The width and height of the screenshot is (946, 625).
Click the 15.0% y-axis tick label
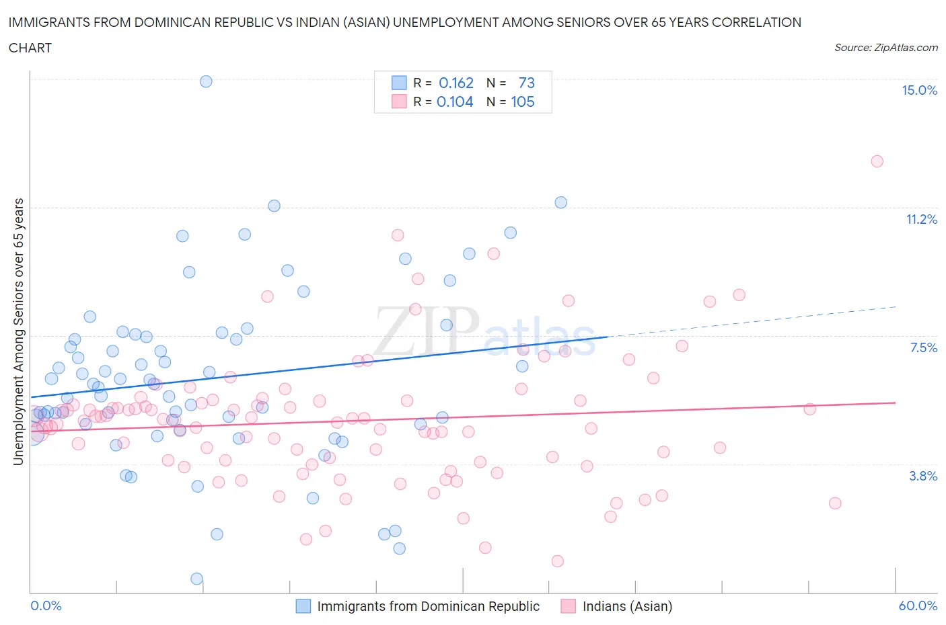pos(919,90)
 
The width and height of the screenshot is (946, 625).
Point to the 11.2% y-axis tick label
pos(921,219)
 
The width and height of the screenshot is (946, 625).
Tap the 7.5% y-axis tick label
pos(923,347)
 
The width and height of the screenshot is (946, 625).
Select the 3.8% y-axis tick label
pos(923,476)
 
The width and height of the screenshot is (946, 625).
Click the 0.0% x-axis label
pos(46,606)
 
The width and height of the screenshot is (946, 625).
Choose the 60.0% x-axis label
pos(918,606)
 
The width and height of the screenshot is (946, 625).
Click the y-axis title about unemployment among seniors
pos(18,331)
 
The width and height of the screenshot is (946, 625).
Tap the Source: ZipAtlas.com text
pos(885,47)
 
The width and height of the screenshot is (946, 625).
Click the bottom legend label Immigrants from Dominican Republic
pos(428,606)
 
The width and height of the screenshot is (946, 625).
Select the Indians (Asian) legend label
pos(627,606)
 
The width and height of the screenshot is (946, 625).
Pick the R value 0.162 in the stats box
pos(456,83)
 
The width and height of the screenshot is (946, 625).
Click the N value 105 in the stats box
pos(523,102)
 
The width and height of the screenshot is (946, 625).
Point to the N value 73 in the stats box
pos(526,83)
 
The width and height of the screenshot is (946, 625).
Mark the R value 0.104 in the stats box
pos(455,102)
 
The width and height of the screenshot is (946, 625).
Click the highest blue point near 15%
pos(206,81)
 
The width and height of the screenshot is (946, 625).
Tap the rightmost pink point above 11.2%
pos(877,161)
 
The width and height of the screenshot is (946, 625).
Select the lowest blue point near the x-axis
pos(196,579)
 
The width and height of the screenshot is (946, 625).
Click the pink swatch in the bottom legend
pos(569,606)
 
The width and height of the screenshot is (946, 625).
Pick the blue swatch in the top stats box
pos(399,83)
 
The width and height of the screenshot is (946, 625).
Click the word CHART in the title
pos(30,48)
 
